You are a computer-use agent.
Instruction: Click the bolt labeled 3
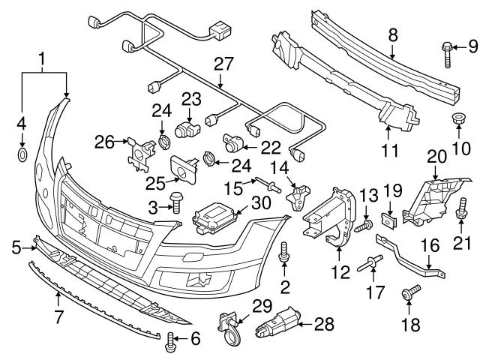tap(177, 200)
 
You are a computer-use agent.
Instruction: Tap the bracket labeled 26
tap(138, 149)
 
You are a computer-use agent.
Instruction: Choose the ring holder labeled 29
tap(228, 327)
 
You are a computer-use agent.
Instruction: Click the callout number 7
tap(57, 303)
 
